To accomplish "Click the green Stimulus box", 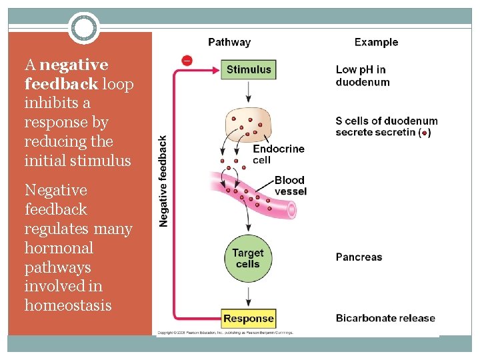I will pos(249,69).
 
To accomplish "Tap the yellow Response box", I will pos(248,319).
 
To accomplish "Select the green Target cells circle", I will pos(248,259).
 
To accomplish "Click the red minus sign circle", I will pos(187,61).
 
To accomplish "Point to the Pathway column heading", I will pos(229,42).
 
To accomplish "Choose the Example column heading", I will pos(376,42).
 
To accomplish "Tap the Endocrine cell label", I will pos(278,154).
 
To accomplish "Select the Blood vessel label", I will pos(290,185).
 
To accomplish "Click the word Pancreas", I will pos(359,257).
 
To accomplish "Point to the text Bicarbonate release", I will pos(385,318).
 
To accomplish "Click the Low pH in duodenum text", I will pos(362,75).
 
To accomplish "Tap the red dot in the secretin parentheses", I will pos(425,133).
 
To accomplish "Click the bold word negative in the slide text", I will pos(73,65).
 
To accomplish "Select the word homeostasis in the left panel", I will pos(68,305).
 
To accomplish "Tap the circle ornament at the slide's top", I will pos(84,29).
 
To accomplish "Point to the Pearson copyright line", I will pos(225,332).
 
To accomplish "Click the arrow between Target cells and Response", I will pos(248,295).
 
